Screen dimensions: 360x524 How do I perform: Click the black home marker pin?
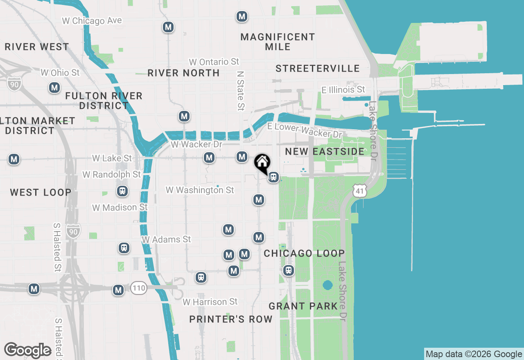(262, 162)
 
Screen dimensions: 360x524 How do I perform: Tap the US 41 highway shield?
(359, 190)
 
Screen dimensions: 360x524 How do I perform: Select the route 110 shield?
(139, 288)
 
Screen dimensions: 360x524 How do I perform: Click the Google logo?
(27, 350)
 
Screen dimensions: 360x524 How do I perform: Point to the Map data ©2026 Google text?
(474, 354)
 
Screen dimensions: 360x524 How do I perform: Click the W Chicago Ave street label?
(92, 20)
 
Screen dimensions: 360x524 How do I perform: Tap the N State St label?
(240, 90)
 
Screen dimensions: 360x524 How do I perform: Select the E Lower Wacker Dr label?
(304, 130)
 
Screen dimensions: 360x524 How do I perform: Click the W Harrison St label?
(210, 302)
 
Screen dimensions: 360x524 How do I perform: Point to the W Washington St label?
(200, 190)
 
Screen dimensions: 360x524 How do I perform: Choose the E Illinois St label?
(343, 89)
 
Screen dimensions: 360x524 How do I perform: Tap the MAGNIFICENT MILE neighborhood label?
(278, 42)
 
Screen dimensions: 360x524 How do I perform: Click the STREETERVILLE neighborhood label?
(317, 68)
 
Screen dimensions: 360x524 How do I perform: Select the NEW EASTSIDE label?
(325, 151)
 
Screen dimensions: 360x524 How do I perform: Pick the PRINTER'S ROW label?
(231, 319)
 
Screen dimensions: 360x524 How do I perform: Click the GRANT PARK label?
(303, 306)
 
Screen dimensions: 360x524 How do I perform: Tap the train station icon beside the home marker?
(273, 177)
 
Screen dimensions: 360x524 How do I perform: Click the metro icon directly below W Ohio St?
(54, 88)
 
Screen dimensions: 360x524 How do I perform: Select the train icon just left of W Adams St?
(124, 248)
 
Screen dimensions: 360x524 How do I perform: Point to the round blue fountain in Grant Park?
(327, 285)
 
